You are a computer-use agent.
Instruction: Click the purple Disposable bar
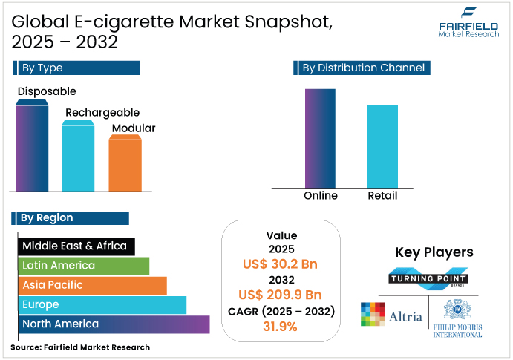(x=32, y=148)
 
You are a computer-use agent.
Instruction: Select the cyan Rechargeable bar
(x=78, y=157)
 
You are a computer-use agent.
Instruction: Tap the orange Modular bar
(x=125, y=165)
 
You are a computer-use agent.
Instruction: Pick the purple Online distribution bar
(x=320, y=139)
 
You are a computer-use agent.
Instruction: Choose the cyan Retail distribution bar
(x=382, y=147)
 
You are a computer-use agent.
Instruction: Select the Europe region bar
(x=102, y=305)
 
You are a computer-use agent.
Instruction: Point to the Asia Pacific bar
(x=92, y=285)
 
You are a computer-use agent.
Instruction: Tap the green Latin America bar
(x=83, y=266)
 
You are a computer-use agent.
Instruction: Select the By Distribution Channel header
(x=364, y=68)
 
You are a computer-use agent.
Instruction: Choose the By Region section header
(x=71, y=218)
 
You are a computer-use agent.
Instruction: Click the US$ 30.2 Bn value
(x=281, y=264)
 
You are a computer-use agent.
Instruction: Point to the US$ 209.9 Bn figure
(x=281, y=294)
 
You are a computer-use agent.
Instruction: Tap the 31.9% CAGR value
(x=281, y=325)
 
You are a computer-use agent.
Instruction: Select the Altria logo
(x=391, y=315)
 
